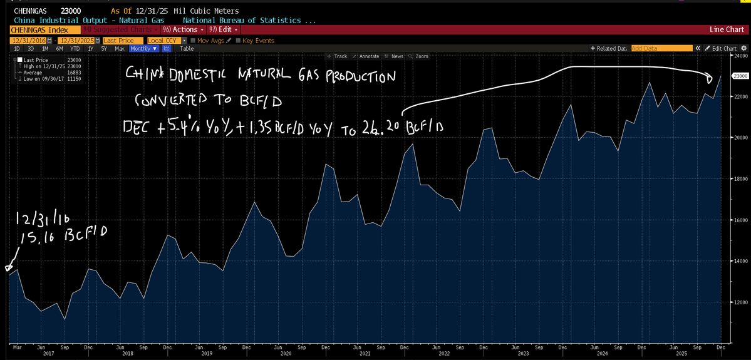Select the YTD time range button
point(75,48)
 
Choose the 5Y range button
point(105,48)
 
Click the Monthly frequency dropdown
point(143,48)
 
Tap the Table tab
point(187,48)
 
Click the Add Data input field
point(661,48)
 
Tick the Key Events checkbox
point(239,41)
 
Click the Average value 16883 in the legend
point(74,72)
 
